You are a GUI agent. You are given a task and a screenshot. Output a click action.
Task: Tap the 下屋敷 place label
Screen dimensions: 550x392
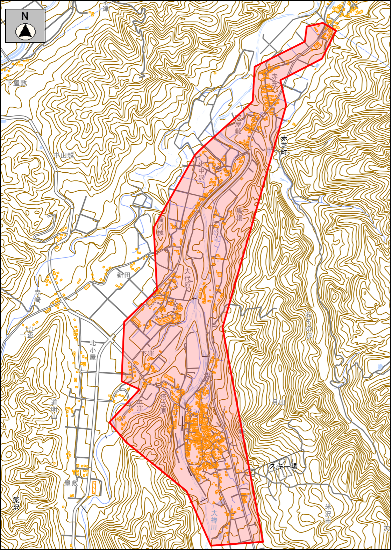click(x=16, y=83)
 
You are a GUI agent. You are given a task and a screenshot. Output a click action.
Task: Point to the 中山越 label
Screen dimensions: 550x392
click(x=64, y=155)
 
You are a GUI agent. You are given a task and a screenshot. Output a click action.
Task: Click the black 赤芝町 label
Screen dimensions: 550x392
click(x=284, y=145)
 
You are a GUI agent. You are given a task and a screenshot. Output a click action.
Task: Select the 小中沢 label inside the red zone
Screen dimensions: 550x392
click(x=201, y=170)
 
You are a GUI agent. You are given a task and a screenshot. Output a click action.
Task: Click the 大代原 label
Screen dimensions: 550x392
click(x=188, y=278)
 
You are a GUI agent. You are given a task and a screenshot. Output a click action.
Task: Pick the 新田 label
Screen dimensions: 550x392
click(x=123, y=275)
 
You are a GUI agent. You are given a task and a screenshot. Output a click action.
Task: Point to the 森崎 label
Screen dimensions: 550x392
click(x=38, y=296)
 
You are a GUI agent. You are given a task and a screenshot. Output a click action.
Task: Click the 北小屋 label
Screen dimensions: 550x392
click(x=93, y=350)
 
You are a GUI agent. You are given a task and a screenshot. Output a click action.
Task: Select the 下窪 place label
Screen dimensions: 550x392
click(x=147, y=353)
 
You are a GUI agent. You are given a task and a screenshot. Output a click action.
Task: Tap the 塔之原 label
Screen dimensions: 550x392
click(x=163, y=403)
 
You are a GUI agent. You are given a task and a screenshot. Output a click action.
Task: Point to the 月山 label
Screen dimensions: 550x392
click(x=278, y=402)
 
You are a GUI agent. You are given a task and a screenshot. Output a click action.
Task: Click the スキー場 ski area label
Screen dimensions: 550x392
click(x=283, y=466)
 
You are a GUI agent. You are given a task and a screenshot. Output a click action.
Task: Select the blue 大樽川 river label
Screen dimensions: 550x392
click(x=214, y=520)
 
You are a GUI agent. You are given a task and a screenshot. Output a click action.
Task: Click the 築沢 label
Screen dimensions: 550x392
click(x=16, y=503)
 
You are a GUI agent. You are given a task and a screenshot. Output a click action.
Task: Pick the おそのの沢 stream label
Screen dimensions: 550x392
click(x=309, y=325)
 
